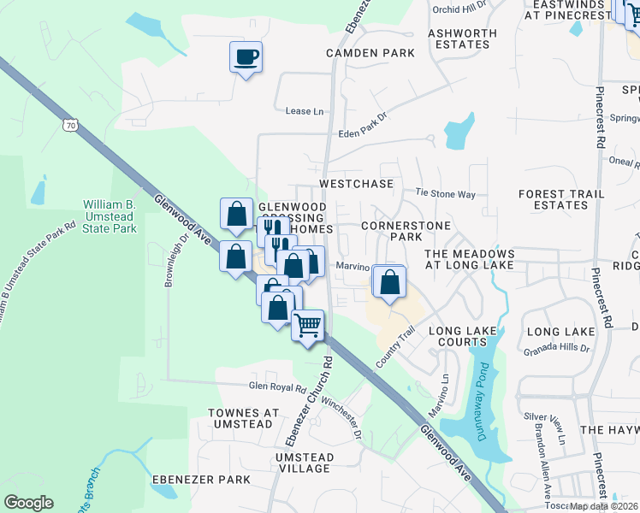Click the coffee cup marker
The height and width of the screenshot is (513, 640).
click(x=246, y=58)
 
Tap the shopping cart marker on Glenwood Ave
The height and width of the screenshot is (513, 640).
click(x=308, y=325)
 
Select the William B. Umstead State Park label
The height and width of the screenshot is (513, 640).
click(x=110, y=216)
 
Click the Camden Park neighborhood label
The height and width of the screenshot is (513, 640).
click(x=370, y=53)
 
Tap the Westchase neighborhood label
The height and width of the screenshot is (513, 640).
click(x=356, y=184)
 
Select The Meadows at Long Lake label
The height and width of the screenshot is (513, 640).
click(x=470, y=260)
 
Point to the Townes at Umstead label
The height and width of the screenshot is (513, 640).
click(x=243, y=418)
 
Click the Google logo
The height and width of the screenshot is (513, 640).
click(x=28, y=503)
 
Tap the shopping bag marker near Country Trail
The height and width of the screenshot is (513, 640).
click(x=389, y=282)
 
